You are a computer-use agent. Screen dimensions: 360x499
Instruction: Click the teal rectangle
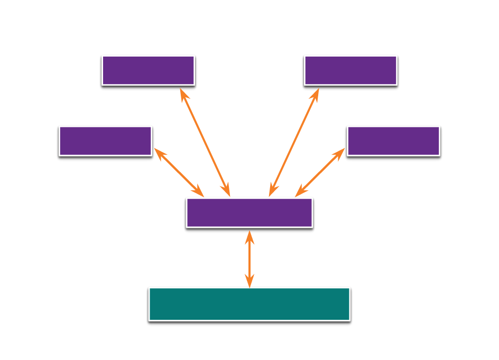tap(249, 303)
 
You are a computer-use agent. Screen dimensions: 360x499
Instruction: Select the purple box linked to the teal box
tap(249, 213)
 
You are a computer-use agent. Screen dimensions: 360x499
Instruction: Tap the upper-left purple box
tap(148, 70)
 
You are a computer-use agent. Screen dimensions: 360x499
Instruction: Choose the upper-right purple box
tap(350, 70)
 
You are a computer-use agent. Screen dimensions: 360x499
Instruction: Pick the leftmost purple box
tap(105, 141)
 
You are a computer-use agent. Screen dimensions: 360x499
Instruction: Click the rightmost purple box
tap(393, 141)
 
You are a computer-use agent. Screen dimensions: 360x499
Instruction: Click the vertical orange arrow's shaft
tap(249, 259)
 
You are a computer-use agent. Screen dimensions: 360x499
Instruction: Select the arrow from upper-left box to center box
tap(205, 142)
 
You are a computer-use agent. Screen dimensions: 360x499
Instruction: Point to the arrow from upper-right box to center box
tap(294, 142)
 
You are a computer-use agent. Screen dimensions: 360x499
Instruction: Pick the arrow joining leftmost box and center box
tap(179, 172)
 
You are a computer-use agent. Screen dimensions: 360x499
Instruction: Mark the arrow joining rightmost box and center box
tap(320, 172)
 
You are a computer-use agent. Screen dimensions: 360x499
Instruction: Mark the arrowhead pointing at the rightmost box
tap(339, 153)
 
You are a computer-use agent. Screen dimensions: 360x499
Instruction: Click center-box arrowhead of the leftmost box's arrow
tap(199, 191)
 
